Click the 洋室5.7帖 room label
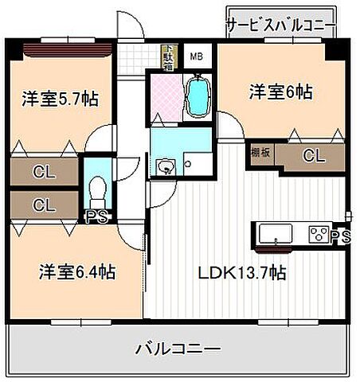pyautogui.click(x=60, y=99)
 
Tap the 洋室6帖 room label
pyautogui.click(x=279, y=92)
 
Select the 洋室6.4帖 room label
pyautogui.click(x=77, y=272)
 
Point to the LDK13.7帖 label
pyautogui.click(x=242, y=273)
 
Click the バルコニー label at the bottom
pyautogui.click(x=178, y=348)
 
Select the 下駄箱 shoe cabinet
pyautogui.click(x=168, y=57)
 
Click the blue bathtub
pyautogui.click(x=197, y=97)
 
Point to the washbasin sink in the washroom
pyautogui.click(x=166, y=166)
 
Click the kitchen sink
pyautogui.click(x=276, y=233)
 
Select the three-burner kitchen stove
pyautogui.click(x=319, y=234)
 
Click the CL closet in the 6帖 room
pyautogui.click(x=314, y=156)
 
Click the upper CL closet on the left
pyautogui.click(x=44, y=171)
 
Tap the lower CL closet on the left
pyautogui.click(x=44, y=205)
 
